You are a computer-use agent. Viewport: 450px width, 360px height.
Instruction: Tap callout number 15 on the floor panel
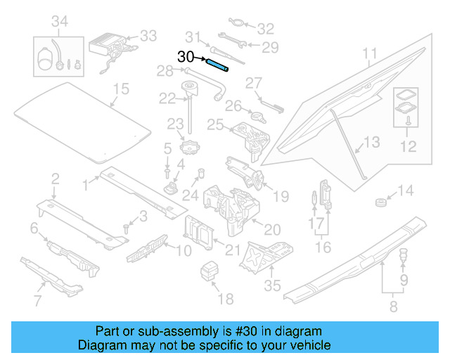122,89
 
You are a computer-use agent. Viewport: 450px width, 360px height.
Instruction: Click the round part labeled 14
380,203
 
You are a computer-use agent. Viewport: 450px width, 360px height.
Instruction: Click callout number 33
148,35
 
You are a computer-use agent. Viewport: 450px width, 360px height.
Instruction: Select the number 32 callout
264,29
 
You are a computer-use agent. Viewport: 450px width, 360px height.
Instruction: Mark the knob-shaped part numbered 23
191,149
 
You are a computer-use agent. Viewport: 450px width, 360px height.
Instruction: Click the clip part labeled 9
404,256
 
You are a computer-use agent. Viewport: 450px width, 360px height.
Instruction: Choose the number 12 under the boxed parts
408,146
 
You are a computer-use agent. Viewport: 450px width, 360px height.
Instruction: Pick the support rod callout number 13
371,142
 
